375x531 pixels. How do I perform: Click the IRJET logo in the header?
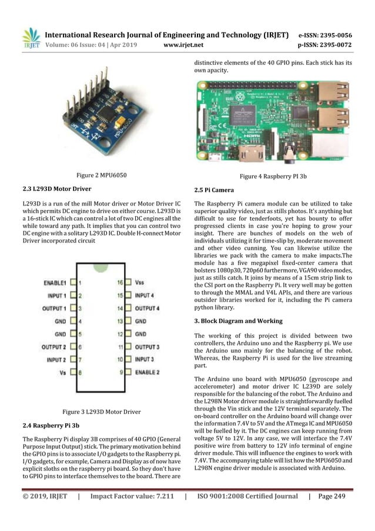click(x=30, y=38)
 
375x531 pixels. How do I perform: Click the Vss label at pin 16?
click(x=140, y=283)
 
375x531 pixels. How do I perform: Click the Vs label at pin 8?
click(x=62, y=372)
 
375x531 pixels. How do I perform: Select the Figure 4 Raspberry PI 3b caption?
click(x=275, y=176)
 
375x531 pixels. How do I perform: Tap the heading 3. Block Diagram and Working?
click(x=238, y=321)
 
